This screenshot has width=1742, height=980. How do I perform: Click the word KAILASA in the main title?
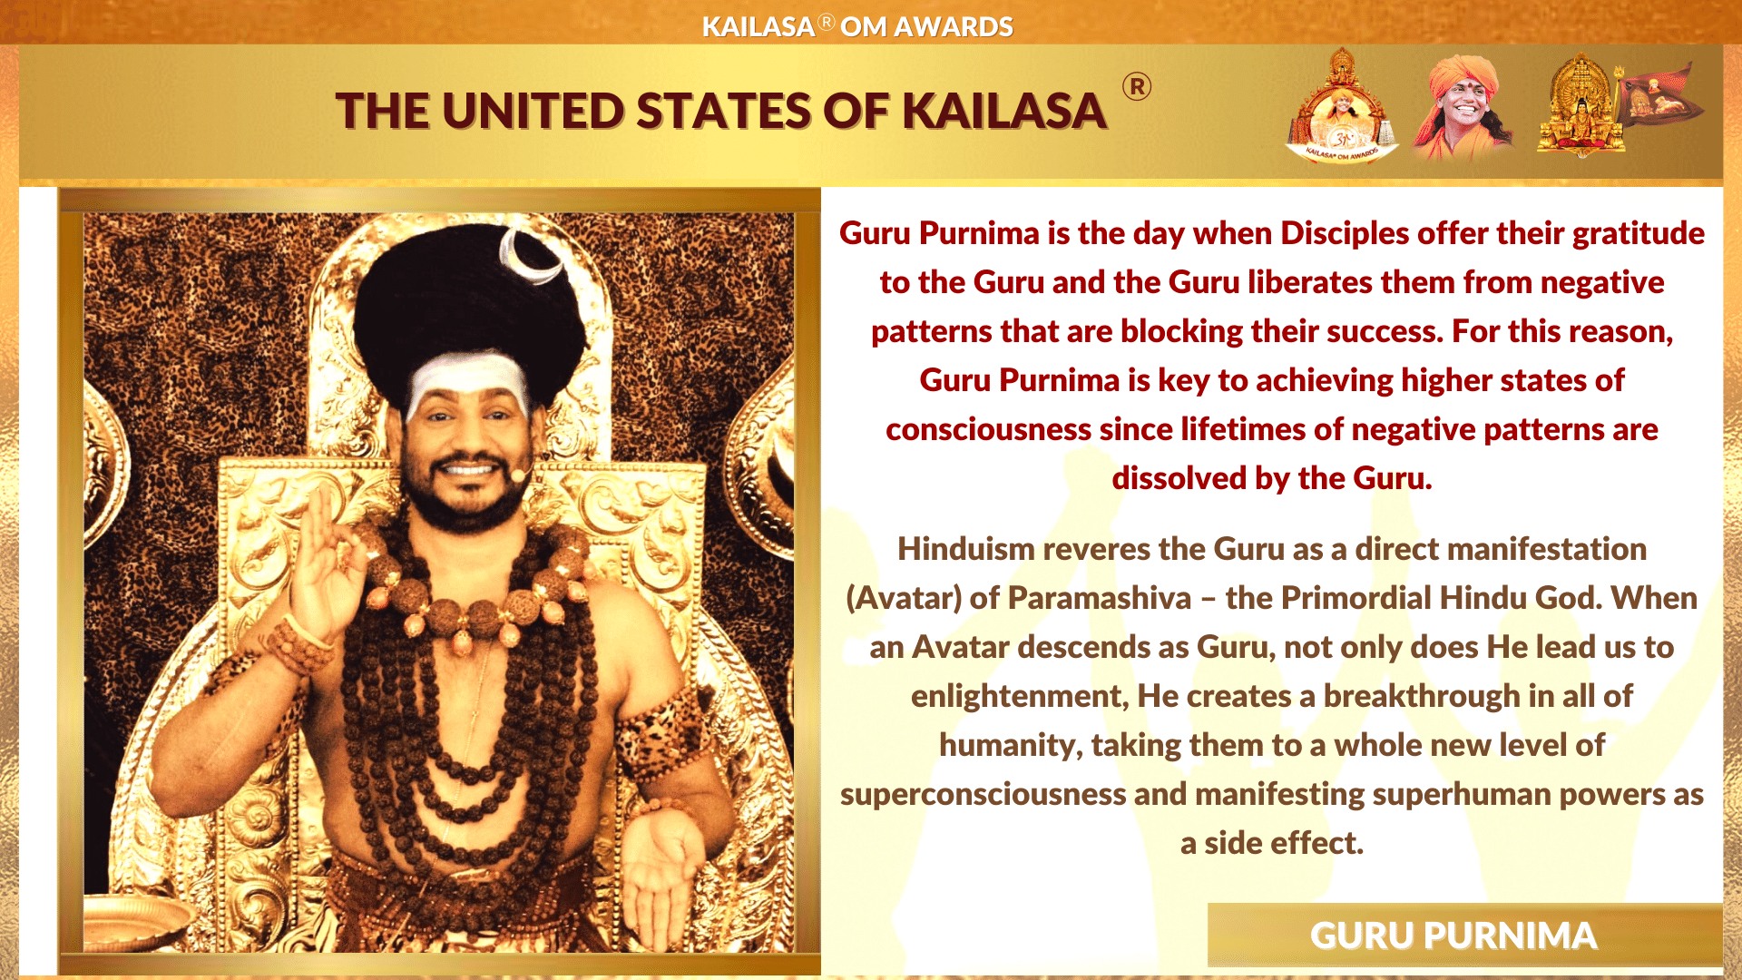tap(1003, 112)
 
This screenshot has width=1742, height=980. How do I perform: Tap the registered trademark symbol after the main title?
tap(1137, 87)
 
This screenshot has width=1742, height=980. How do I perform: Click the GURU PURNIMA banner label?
tap(1453, 936)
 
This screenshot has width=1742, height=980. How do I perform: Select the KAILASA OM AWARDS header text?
tap(857, 26)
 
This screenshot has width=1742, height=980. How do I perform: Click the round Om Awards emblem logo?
tap(1342, 107)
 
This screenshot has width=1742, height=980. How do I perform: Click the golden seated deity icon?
tap(1581, 105)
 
